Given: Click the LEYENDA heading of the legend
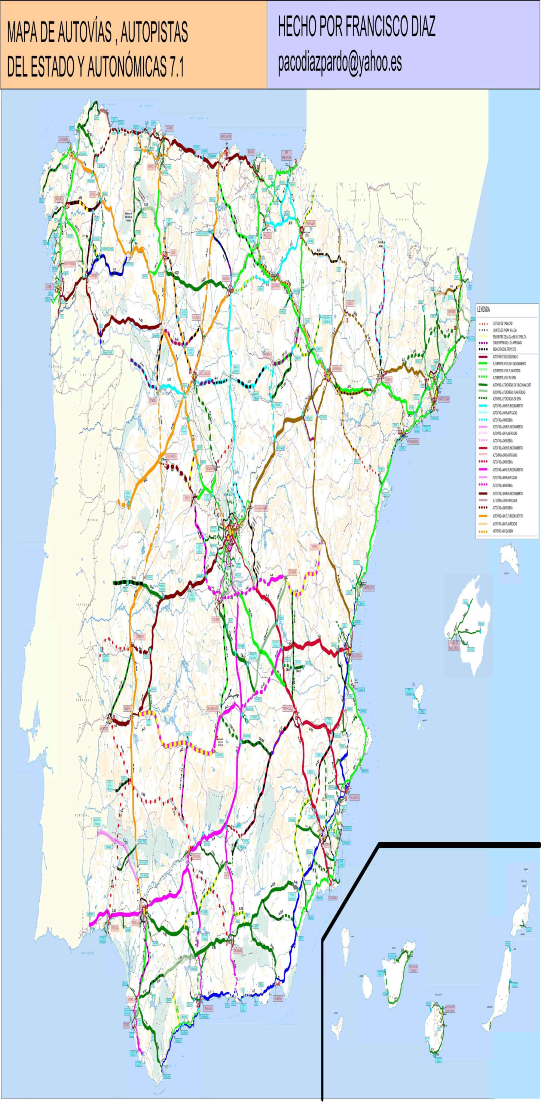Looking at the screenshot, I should coord(484,310).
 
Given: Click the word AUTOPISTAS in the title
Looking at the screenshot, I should coord(154,33).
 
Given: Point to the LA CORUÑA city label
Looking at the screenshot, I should coord(63,139).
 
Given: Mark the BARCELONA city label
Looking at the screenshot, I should coord(442,399).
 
